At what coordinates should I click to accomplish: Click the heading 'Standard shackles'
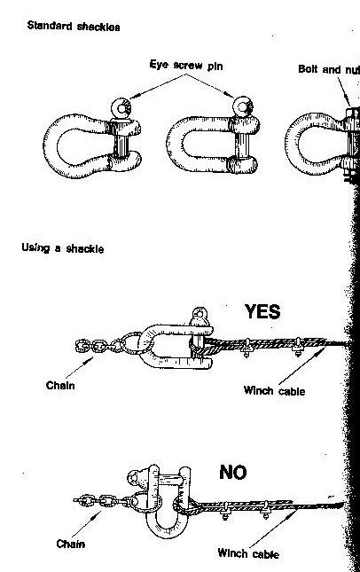click(x=74, y=27)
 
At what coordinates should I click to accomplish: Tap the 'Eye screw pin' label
click(x=186, y=66)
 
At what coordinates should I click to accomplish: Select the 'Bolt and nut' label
click(x=329, y=69)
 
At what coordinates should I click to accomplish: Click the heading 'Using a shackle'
click(x=63, y=248)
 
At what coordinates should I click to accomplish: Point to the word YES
click(x=262, y=311)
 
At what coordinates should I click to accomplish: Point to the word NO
click(x=233, y=473)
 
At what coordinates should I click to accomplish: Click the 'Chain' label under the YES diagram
click(x=60, y=385)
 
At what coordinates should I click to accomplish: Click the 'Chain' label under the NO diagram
click(x=71, y=544)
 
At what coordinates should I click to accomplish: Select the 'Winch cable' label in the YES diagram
click(x=274, y=391)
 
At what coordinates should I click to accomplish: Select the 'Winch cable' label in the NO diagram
click(x=248, y=553)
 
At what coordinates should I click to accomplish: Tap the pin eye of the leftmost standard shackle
click(x=121, y=108)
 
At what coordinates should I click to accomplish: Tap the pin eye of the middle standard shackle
click(x=243, y=107)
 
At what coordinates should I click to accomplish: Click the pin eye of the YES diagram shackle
click(x=200, y=314)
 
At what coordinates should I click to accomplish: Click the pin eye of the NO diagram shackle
click(x=136, y=477)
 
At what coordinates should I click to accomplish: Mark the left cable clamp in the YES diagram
click(x=247, y=348)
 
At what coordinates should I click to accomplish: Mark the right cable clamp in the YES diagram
click(x=298, y=346)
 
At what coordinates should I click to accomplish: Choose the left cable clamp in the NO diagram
click(x=225, y=510)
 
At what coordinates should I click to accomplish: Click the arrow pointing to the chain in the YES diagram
click(x=79, y=368)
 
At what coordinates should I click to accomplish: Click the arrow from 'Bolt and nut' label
click(x=343, y=91)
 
